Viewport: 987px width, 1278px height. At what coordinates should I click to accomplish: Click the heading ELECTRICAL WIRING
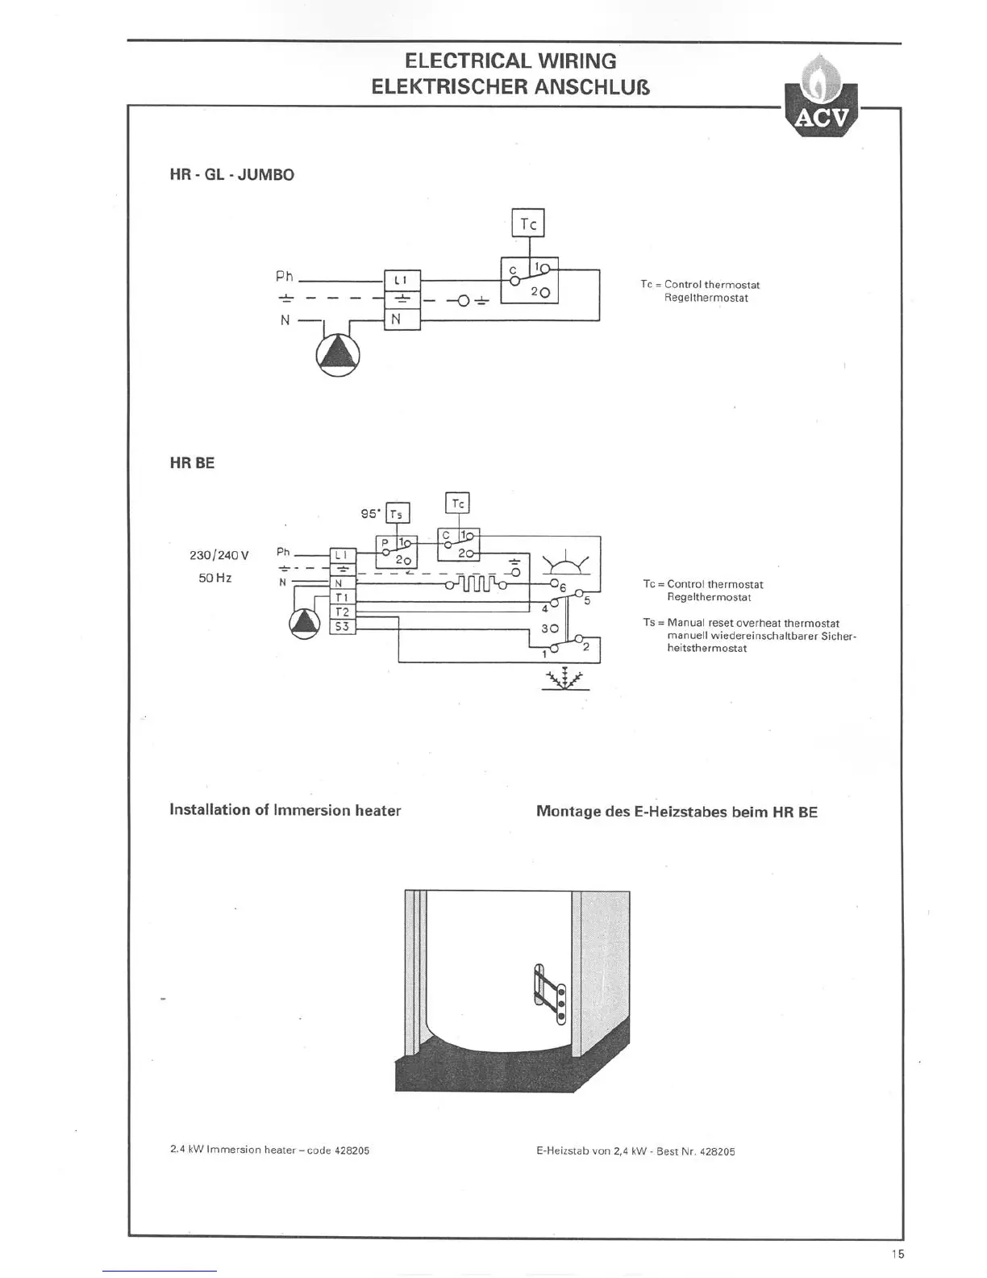510,61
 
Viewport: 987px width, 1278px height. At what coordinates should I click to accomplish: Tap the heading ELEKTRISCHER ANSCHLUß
510,86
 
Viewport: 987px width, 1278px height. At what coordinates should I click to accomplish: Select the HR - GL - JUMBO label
231,175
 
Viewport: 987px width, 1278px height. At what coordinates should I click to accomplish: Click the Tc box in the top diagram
528,223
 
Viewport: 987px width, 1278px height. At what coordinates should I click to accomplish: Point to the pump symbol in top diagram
337,355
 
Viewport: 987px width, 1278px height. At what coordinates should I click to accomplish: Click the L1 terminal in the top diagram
402,280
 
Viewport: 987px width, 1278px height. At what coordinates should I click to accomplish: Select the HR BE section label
192,464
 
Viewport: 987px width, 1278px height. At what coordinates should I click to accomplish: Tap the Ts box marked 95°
397,514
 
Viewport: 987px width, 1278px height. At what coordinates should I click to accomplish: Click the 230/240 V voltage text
219,556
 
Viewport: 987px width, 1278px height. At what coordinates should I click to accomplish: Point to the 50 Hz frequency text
215,578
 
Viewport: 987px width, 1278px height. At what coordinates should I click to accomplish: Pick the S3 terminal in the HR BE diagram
342,626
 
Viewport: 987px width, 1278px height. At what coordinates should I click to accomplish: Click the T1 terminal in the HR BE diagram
342,598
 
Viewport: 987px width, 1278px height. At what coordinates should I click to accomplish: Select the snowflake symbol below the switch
564,679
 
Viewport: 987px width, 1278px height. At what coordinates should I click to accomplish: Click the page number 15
897,1254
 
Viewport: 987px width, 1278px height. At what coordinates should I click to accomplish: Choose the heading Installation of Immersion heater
285,810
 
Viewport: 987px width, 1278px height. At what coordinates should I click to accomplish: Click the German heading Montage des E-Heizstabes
677,812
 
